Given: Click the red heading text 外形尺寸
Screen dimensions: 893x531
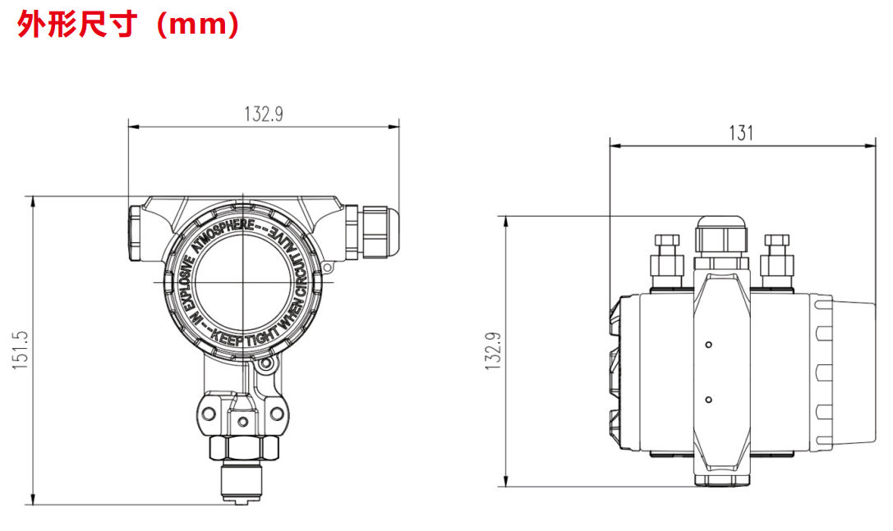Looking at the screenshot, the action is coord(77,25).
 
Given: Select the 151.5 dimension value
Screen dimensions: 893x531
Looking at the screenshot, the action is coord(21,350).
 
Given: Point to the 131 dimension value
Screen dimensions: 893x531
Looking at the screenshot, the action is coord(742,133).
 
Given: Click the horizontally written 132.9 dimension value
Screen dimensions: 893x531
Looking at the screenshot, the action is coord(264,114).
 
